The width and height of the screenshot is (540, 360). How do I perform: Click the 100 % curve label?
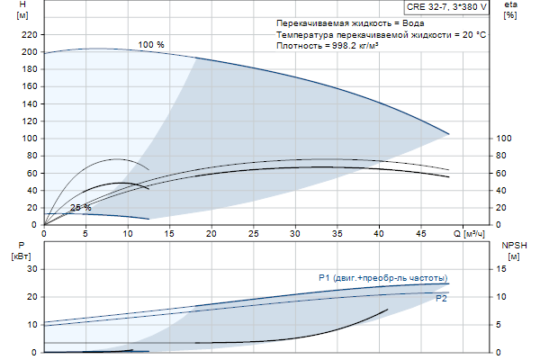(152, 44)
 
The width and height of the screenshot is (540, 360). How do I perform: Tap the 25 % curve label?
(81, 208)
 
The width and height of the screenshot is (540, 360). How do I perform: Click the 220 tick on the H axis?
(30, 34)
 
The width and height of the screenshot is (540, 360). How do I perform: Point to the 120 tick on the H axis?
(30, 121)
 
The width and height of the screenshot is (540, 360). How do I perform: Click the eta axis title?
(510, 7)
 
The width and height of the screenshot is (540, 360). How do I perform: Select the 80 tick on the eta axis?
(504, 156)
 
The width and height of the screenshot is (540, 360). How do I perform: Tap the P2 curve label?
(441, 298)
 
